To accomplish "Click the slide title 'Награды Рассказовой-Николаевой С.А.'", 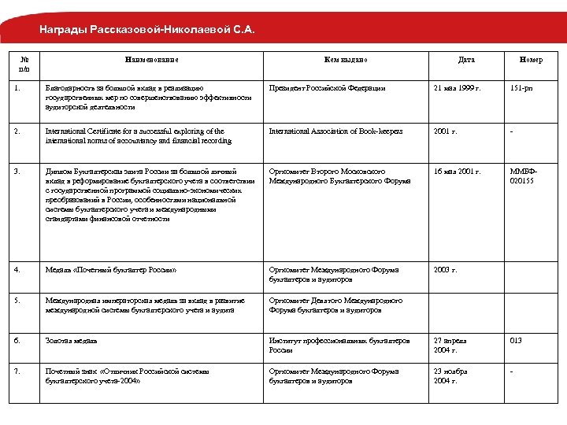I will (148, 31).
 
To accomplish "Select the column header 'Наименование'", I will (151, 60).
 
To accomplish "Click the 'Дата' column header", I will (466, 60).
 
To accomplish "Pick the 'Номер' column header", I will (531, 60).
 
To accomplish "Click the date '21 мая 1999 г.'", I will (458, 88).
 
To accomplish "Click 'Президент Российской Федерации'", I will (327, 88).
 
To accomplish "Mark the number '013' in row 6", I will (517, 340).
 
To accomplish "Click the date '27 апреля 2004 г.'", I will (450, 345).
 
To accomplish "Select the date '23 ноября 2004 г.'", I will (450, 375).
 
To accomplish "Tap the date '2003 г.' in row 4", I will (445, 270).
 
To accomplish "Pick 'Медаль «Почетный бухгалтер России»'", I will (110, 270).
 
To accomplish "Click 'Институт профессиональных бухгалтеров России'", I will (339, 345).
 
